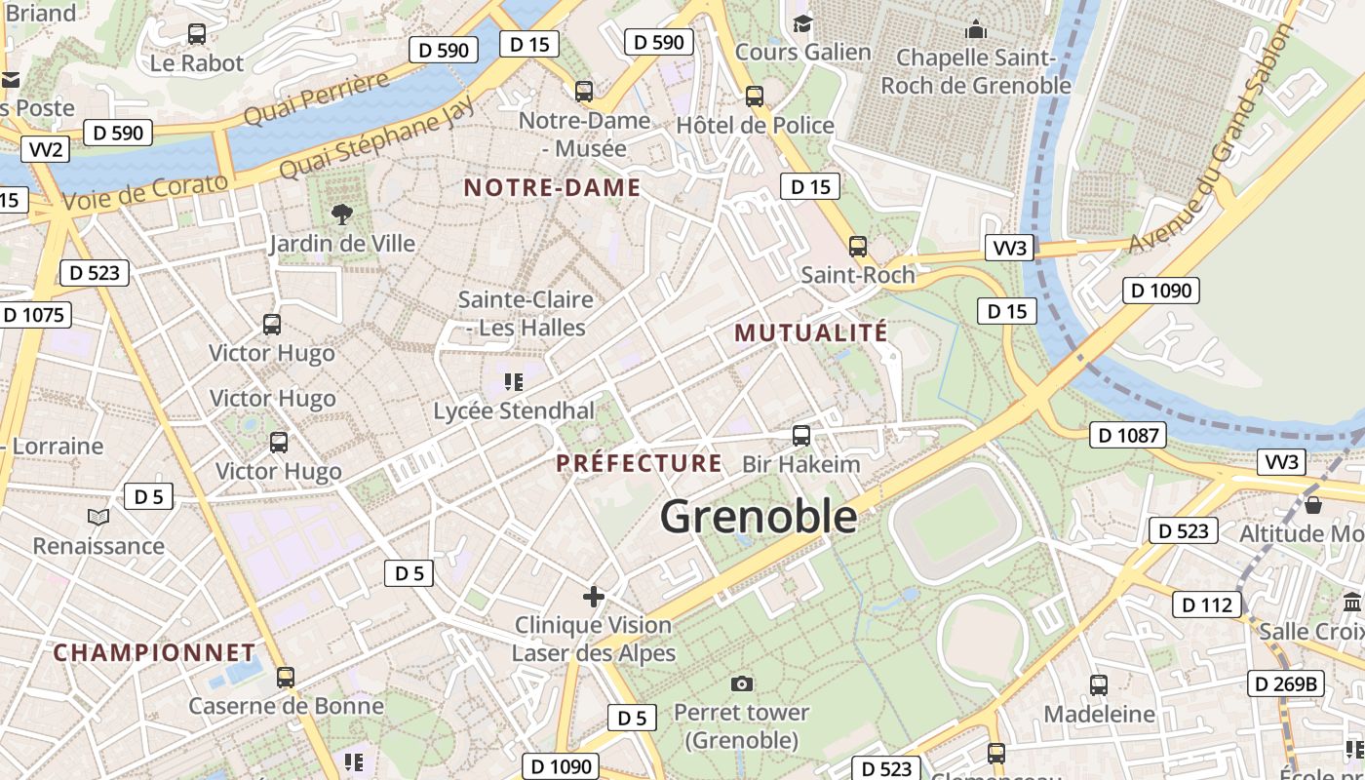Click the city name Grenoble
coord(759,517)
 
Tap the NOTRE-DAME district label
coord(552,188)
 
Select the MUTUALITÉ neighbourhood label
coord(811,332)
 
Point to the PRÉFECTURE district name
coord(640,463)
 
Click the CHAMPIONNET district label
coord(154,652)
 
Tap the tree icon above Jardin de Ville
coord(341,214)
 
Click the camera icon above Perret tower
coord(742,683)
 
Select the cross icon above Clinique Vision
coord(593,596)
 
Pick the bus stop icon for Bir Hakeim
coord(801,435)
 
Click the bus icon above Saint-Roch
coord(858,247)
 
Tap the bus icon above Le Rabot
coord(197,34)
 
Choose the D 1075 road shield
coord(34,315)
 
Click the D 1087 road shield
coord(1127,435)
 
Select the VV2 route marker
coord(47,149)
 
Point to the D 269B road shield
coord(1286,683)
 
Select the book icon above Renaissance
coord(98,516)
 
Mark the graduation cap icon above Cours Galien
coord(802,22)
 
